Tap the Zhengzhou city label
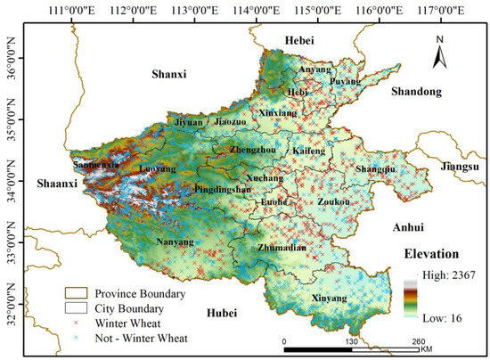(252, 151)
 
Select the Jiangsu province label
(457, 167)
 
